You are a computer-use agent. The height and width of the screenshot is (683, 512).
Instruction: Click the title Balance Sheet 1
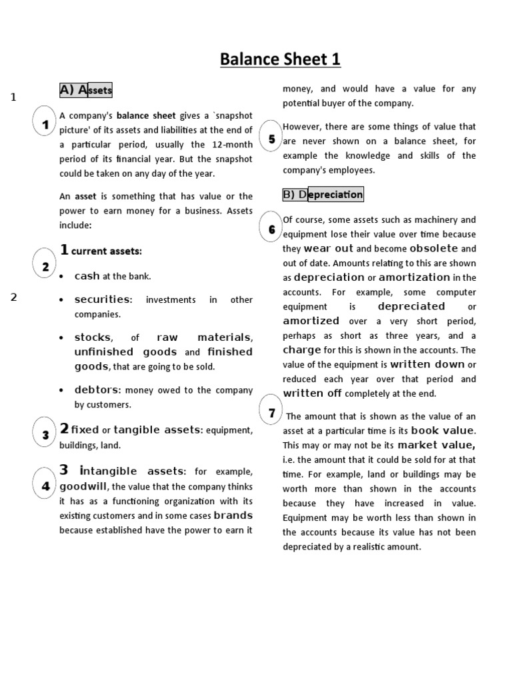coord(281,59)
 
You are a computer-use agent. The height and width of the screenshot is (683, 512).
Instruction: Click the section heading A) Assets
coord(85,90)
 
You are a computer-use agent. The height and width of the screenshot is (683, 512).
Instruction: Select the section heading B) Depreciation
coord(323,195)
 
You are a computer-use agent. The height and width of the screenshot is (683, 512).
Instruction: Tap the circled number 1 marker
coord(45,125)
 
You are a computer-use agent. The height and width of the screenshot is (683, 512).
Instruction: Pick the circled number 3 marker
coord(45,436)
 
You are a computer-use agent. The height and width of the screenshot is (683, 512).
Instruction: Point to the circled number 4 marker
coord(45,486)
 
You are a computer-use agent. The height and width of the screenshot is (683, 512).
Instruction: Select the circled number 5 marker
coord(271,139)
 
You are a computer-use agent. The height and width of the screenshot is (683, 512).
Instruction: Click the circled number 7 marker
coord(271,414)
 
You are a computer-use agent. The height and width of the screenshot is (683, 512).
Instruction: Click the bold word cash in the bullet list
coord(87,276)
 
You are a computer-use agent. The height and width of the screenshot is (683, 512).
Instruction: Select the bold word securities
coord(103,299)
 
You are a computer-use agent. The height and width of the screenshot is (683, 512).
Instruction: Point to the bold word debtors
coord(97,390)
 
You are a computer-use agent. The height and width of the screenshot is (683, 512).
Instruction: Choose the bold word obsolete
coord(434,248)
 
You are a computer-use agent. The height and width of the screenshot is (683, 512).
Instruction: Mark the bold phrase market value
coord(436,445)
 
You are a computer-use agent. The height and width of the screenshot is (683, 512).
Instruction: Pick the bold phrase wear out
coord(328,248)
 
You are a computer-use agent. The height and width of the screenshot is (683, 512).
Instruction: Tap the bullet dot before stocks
coord(61,338)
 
